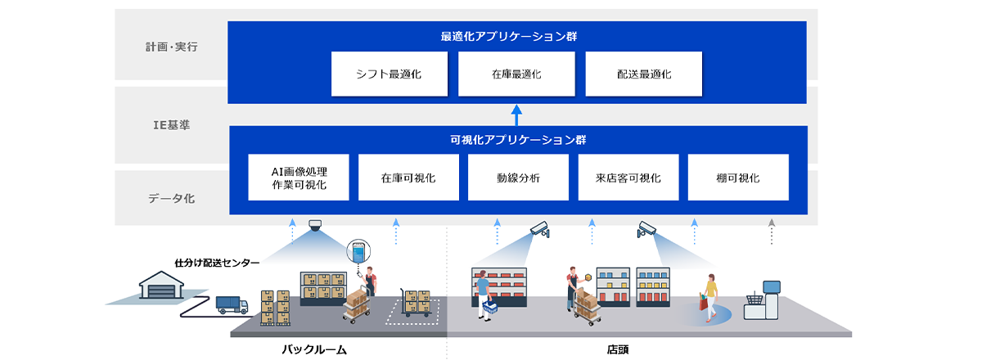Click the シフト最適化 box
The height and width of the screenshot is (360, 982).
pyautogui.click(x=390, y=74)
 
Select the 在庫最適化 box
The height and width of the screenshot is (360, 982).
pyautogui.click(x=516, y=74)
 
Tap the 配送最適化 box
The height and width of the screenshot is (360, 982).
pyautogui.click(x=643, y=74)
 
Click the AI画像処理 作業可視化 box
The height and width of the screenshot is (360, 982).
pyautogui.click(x=299, y=178)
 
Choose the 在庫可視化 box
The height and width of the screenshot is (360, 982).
pyautogui.click(x=408, y=178)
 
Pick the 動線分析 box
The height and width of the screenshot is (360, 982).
pyautogui.click(x=518, y=178)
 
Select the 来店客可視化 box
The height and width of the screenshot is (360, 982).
pyautogui.click(x=628, y=178)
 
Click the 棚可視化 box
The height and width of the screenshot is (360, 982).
pyautogui.click(x=738, y=178)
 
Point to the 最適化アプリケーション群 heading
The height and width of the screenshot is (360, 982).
pyautogui.click(x=516, y=37)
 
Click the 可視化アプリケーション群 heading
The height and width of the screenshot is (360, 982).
pyautogui.click(x=518, y=139)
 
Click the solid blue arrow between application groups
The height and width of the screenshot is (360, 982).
pyautogui.click(x=516, y=115)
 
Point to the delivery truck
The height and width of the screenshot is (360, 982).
pyautogui.click(x=232, y=304)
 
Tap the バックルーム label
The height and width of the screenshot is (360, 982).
pyautogui.click(x=315, y=349)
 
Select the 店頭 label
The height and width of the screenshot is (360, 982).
pyautogui.click(x=618, y=349)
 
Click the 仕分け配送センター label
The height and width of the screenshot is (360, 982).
pyautogui.click(x=217, y=263)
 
